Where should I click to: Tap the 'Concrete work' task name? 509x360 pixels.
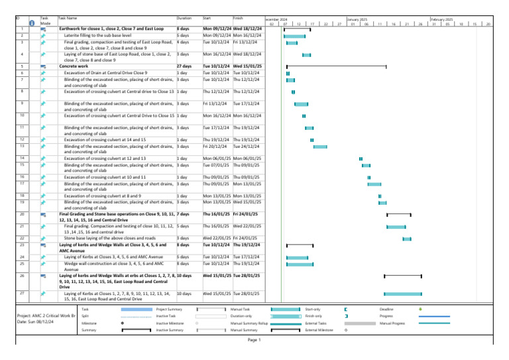pos(74,66)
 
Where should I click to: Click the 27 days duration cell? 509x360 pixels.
pos(184,66)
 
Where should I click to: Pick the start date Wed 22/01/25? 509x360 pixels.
pos(217,237)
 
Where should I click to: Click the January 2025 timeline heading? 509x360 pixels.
pos(358,20)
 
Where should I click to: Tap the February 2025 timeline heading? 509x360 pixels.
pos(441,20)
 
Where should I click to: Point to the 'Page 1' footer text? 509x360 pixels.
pos(254,340)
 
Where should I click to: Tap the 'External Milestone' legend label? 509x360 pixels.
pos(318,330)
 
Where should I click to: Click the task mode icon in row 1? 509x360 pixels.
pos(43,29)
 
